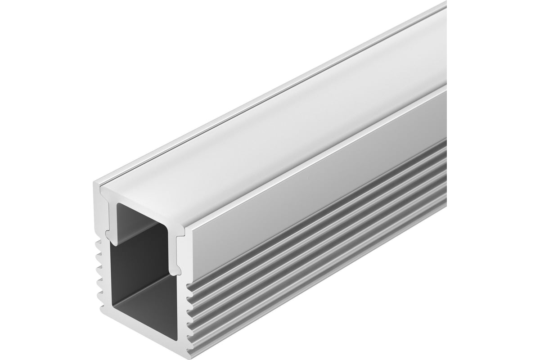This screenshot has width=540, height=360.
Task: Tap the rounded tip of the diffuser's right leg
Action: [x=177, y=270]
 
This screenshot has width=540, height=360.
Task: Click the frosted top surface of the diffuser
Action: [x=270, y=135]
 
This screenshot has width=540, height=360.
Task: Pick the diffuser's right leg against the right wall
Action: [x=177, y=247]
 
